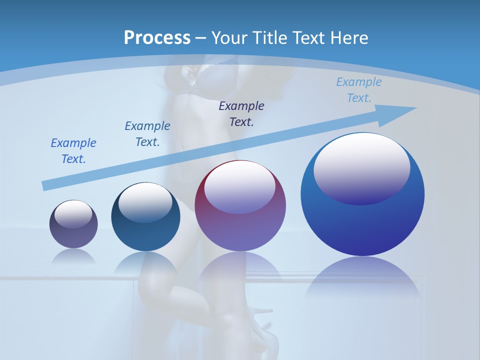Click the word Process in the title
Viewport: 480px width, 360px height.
(x=157, y=37)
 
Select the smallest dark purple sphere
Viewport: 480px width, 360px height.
(x=73, y=235)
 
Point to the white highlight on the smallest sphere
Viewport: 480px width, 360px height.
(x=73, y=214)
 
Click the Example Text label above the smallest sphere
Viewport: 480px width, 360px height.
(x=73, y=151)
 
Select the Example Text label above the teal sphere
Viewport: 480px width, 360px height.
(x=147, y=134)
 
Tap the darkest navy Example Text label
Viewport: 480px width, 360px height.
(x=241, y=114)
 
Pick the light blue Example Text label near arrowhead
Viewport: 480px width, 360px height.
(x=359, y=90)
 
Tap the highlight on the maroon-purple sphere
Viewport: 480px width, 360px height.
(x=240, y=187)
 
